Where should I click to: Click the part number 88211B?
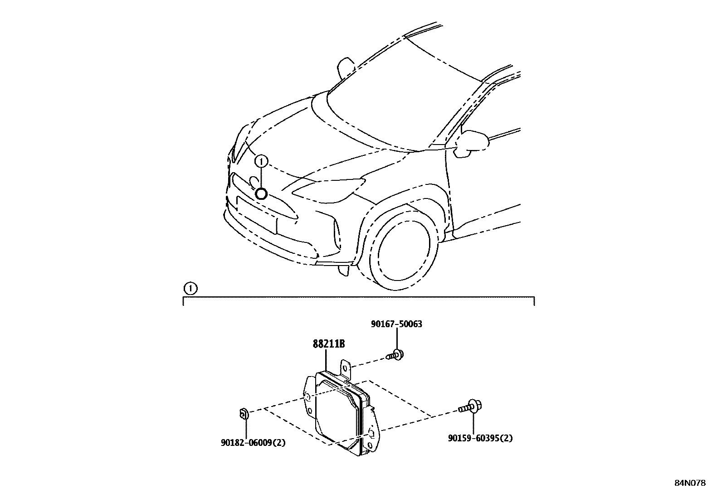(x=328, y=344)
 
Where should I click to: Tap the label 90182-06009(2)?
(x=253, y=443)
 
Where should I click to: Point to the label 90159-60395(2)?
(x=480, y=438)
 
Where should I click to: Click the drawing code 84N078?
(x=689, y=483)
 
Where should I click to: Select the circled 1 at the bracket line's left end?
(x=190, y=288)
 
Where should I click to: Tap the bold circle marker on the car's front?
(x=261, y=194)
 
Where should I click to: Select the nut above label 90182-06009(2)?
(x=244, y=413)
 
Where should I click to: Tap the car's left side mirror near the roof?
(x=346, y=68)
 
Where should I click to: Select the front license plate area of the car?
(x=256, y=217)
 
